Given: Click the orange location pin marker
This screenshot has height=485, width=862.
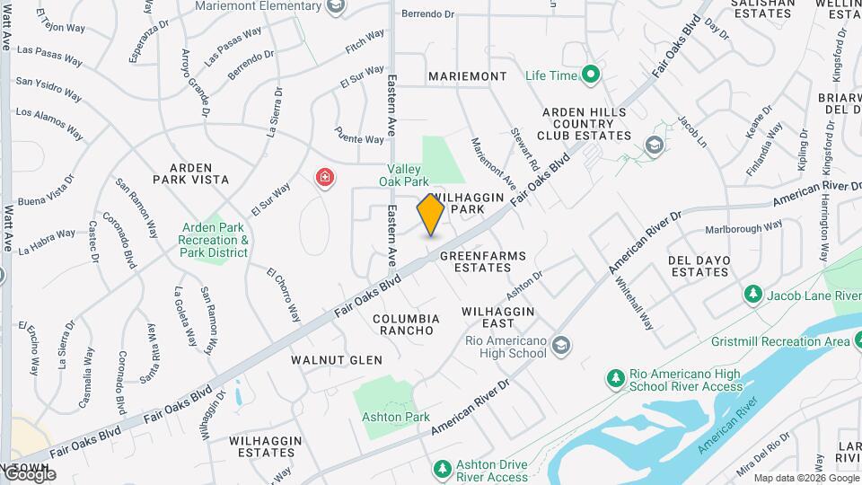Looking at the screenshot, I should (431, 215).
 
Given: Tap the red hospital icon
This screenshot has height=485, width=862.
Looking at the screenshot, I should (324, 178).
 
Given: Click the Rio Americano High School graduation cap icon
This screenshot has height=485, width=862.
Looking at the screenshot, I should (560, 345).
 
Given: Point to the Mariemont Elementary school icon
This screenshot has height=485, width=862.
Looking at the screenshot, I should (335, 7).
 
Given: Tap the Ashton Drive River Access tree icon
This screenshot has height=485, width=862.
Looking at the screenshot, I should (441, 468).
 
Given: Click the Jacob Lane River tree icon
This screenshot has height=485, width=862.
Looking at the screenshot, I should (752, 294).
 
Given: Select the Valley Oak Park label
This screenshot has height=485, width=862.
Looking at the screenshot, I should (417, 176).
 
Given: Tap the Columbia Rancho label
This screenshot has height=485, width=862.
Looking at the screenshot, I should (406, 324).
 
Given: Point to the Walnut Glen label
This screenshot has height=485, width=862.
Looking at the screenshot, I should (337, 359).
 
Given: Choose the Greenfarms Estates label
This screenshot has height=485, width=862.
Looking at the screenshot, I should (476, 261).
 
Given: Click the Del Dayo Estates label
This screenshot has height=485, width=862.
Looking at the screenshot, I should (699, 266).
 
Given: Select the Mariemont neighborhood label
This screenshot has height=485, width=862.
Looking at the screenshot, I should (467, 76).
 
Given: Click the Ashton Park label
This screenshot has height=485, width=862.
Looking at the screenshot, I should (395, 417).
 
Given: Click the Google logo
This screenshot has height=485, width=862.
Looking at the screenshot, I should (29, 474).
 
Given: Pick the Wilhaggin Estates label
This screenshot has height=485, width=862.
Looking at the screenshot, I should (262, 446).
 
